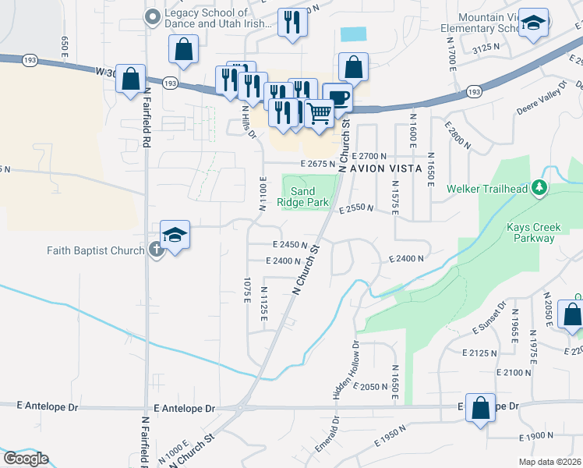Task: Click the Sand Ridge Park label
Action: coord(309,197)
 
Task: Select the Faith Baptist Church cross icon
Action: coord(155,250)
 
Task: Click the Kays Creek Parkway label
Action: coord(533,233)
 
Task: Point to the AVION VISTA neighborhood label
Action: coord(385,168)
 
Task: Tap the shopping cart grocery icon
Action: coord(319,113)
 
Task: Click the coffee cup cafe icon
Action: coord(338,97)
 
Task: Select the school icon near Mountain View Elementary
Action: coord(534,23)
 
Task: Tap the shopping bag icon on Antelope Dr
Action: coord(482,406)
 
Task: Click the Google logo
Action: coord(25,459)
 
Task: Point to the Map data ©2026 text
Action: coord(549,462)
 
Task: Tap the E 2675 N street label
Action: coord(317,165)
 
